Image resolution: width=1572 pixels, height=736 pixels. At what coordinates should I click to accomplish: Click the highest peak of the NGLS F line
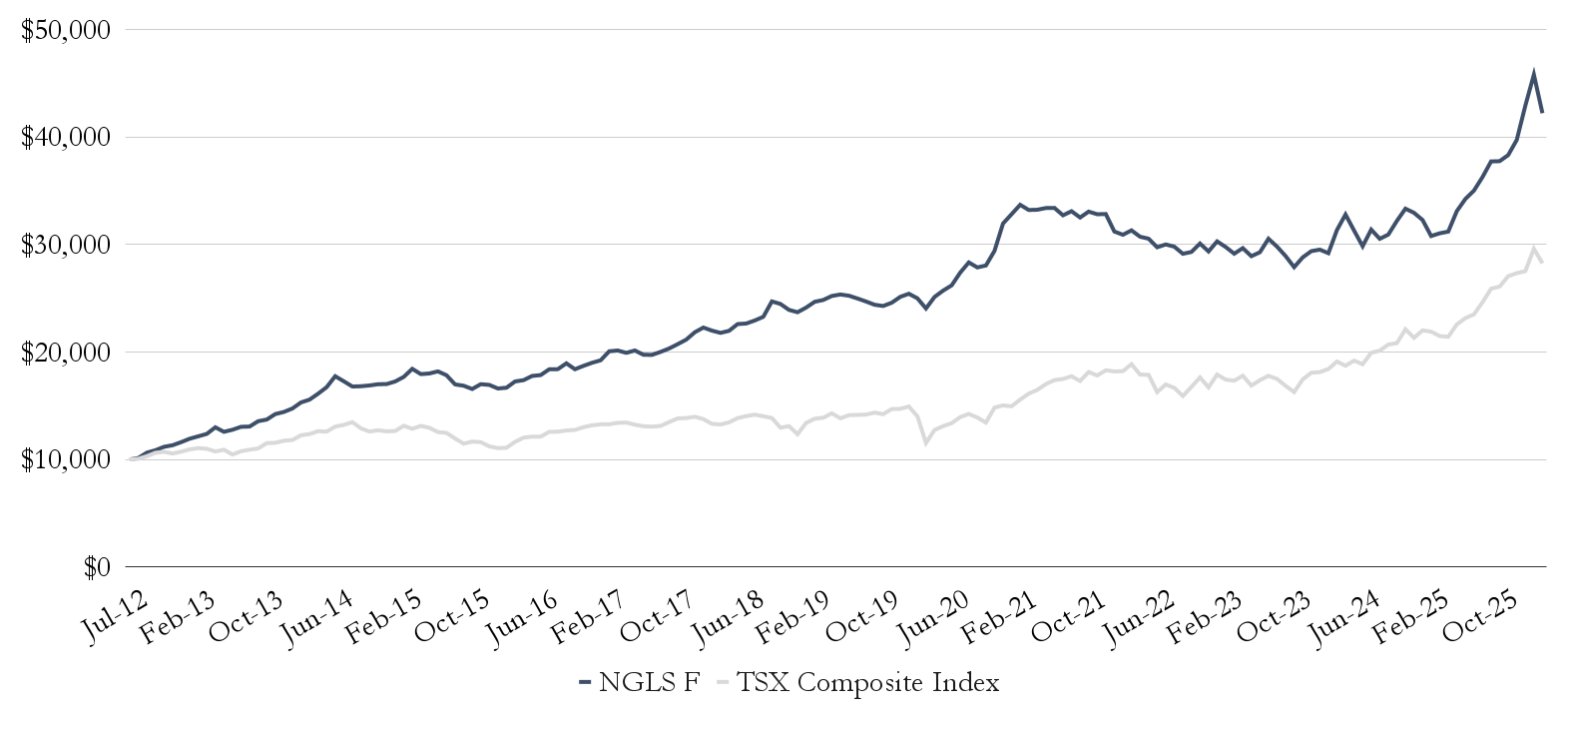(x=1534, y=72)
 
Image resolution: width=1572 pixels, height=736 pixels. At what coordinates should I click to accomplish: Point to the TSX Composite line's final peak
(x=1534, y=248)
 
